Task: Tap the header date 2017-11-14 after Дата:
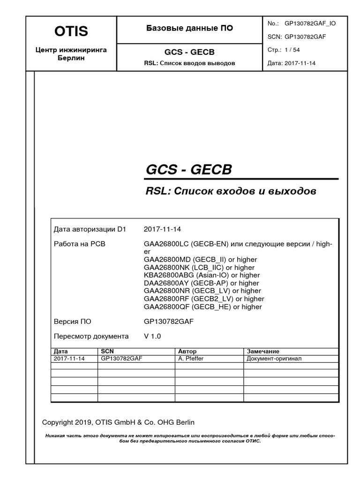pos(300,63)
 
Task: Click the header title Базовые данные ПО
pos(189,29)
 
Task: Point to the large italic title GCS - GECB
pos(189,170)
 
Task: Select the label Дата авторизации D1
pos(90,230)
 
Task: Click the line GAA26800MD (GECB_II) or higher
pos(201,260)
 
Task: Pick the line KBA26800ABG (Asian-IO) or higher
pos(202,275)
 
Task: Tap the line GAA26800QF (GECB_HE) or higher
pos(203,307)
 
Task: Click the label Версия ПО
pos(73,322)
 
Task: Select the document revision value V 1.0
pos(152,337)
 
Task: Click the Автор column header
pos(187,351)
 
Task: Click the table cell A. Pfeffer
pos(191,359)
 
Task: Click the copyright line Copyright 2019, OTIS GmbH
pos(118,422)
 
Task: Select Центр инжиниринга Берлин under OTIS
pos(71,54)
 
